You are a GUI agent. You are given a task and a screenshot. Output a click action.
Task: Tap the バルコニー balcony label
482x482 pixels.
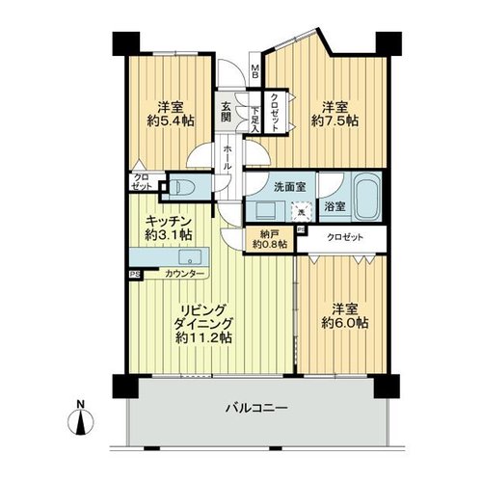[256, 409]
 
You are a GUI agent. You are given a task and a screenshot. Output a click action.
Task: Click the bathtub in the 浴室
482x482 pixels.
[366, 196]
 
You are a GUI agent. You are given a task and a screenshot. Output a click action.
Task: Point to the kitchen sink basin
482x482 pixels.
[190, 257]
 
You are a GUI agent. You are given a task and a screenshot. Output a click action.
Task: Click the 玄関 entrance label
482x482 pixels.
[226, 112]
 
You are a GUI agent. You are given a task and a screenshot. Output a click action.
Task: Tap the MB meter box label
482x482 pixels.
[254, 71]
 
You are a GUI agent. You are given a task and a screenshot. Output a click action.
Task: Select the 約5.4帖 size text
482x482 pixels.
[171, 121]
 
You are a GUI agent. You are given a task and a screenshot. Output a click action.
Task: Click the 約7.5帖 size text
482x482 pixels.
[335, 121]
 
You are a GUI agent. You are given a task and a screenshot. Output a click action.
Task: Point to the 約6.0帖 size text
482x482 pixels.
[345, 323]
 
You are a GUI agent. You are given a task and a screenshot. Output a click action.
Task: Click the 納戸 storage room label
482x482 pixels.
[270, 234]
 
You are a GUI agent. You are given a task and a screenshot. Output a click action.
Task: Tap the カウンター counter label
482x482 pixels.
[184, 274]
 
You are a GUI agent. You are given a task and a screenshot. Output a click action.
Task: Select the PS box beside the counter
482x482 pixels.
[135, 275]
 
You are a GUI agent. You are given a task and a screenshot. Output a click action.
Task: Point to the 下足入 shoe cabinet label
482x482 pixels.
[254, 120]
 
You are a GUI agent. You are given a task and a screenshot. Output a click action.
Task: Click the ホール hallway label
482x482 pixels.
[227, 157]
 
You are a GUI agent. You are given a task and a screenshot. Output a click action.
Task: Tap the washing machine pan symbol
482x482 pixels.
[302, 212]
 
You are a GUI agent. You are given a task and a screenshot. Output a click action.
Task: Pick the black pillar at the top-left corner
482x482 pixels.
[126, 43]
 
